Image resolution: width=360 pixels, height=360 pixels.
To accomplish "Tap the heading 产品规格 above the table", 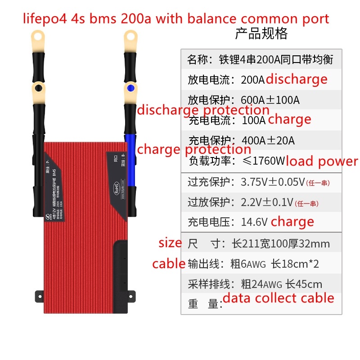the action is (261, 34).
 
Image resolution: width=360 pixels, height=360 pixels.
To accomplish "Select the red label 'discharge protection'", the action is (203, 110).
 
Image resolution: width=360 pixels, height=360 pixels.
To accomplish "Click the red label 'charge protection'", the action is (194, 149).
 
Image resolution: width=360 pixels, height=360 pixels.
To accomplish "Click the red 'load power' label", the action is (322, 161).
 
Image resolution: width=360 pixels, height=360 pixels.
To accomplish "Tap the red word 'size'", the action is (170, 243).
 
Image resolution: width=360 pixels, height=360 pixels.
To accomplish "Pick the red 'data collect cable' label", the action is (279, 298).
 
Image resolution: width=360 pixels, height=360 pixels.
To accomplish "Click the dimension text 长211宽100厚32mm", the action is (281, 244).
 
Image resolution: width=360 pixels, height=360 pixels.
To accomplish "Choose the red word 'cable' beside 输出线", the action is (169, 263).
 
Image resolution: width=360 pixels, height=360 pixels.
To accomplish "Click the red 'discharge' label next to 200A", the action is (297, 79).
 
